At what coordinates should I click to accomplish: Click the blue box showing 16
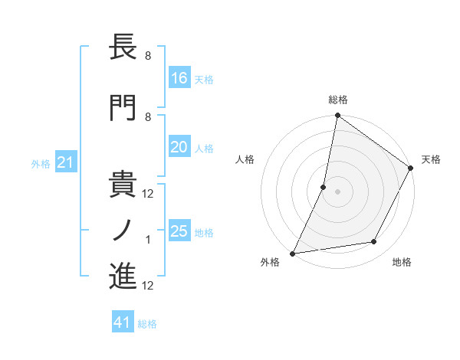(x=179, y=77)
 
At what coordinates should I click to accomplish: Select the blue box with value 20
(x=179, y=147)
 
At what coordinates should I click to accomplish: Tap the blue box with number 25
(x=179, y=231)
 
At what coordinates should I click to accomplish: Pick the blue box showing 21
(x=66, y=162)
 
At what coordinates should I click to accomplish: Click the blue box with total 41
(x=123, y=322)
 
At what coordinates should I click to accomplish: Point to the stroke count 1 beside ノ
(x=148, y=240)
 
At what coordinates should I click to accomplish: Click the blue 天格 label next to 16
(x=204, y=79)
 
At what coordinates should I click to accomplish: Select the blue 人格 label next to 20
(x=204, y=149)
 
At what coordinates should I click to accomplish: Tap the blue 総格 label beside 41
(x=147, y=324)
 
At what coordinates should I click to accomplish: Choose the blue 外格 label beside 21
(x=41, y=164)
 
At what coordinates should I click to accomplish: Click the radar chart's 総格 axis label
(x=337, y=100)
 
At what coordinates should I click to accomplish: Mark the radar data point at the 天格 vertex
(x=411, y=169)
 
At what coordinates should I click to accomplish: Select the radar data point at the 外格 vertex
(x=293, y=253)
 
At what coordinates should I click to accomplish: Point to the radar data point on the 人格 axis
(x=324, y=187)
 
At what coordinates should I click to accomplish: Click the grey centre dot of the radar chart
(x=337, y=191)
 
